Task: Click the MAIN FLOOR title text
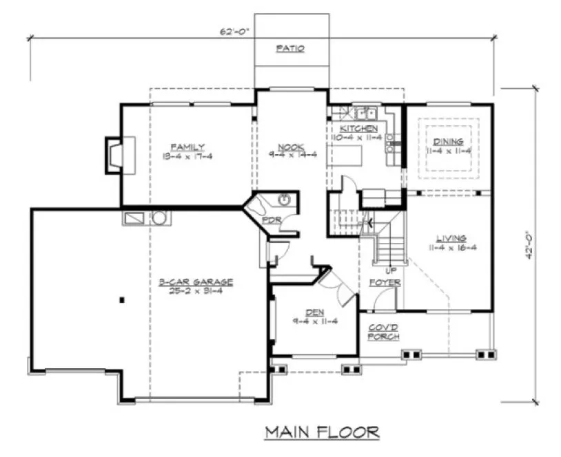322,432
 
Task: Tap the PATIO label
290,49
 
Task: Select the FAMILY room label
187,147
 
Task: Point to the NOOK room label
287,146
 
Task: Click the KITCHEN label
359,129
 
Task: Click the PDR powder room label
271,220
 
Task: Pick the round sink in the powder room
284,200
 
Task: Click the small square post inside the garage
121,299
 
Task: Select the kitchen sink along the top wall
363,112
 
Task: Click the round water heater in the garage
159,218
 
